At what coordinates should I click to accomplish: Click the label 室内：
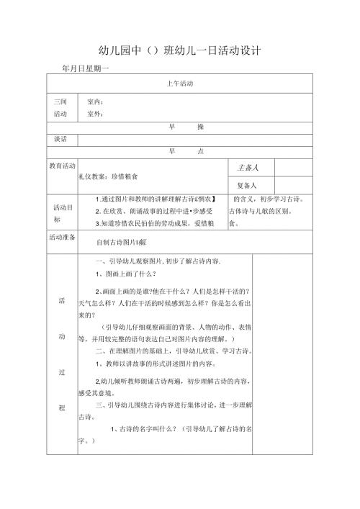click(x=95, y=102)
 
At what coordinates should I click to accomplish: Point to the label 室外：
click(x=95, y=114)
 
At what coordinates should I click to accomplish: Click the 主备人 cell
click(x=248, y=167)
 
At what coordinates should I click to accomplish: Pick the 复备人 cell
click(x=248, y=183)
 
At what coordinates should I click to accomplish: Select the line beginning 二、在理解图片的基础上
click(x=173, y=351)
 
